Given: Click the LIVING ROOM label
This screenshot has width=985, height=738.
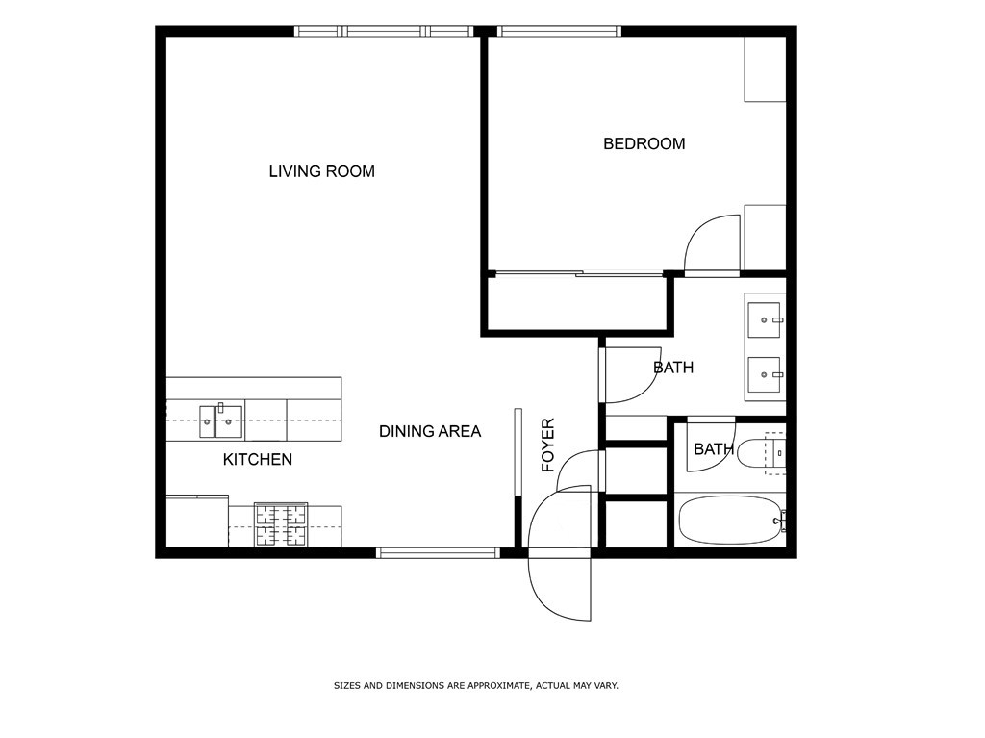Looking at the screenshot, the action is (321, 171).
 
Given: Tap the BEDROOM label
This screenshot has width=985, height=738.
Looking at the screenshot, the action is (644, 144).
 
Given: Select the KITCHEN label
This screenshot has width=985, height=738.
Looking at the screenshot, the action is (258, 460).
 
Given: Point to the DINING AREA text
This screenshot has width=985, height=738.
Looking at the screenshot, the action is (430, 431).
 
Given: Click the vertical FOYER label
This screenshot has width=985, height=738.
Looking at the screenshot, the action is (548, 445).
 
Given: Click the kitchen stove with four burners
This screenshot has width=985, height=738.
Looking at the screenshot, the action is (281, 525).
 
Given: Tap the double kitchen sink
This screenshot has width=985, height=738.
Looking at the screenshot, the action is (221, 421).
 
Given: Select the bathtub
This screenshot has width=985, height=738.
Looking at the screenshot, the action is (729, 521).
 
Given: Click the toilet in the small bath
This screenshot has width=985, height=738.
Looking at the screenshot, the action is (761, 452).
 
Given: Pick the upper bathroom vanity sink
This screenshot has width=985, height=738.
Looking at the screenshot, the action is (764, 320).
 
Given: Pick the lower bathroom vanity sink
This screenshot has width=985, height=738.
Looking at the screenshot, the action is (764, 374).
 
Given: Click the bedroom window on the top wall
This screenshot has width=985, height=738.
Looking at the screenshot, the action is (559, 31).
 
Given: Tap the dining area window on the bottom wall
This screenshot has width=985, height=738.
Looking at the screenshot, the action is (438, 553).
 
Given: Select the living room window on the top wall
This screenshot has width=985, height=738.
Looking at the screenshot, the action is (384, 31).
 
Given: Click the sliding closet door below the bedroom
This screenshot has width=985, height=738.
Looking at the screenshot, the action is (578, 273).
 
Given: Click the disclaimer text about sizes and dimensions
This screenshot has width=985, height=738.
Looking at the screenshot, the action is (475, 686).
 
